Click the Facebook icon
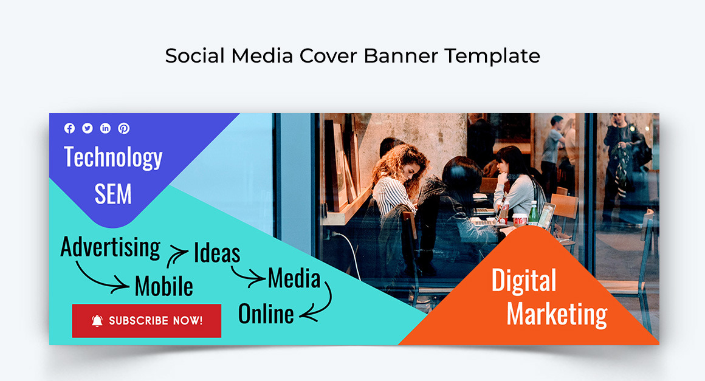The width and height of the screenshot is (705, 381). click(x=69, y=128)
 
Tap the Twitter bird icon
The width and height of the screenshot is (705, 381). click(x=88, y=128)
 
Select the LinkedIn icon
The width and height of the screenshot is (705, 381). click(x=106, y=128)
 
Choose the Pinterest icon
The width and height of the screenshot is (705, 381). click(x=124, y=128)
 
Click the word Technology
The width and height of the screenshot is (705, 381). click(x=113, y=157)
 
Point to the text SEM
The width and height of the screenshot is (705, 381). click(x=113, y=194)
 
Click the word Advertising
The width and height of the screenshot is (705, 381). click(x=111, y=248)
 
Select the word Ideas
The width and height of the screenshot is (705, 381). click(x=217, y=253)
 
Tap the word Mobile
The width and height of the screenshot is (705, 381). click(x=163, y=286)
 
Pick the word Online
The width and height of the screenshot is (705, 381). click(x=266, y=314)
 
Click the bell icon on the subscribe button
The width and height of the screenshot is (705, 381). click(x=97, y=321)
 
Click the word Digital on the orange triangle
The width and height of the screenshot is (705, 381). click(x=523, y=281)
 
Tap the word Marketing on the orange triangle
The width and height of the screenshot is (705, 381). click(x=557, y=314)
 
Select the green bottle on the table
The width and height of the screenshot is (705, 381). click(x=533, y=213)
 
